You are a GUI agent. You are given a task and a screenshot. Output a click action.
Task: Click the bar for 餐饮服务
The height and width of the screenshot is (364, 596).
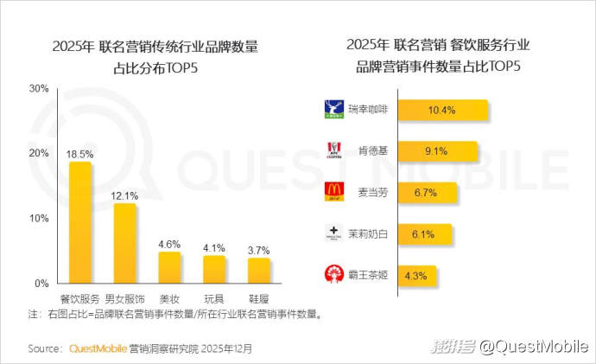[x=80, y=222]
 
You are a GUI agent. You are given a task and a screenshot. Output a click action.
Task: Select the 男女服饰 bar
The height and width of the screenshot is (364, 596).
[x=125, y=243]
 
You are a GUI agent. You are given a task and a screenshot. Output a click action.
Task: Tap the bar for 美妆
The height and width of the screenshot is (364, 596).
[x=169, y=267]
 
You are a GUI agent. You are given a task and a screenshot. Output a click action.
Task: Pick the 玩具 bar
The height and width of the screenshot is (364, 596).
[x=214, y=269]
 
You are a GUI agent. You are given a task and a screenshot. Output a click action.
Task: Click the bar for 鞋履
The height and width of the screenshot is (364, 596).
[x=258, y=270]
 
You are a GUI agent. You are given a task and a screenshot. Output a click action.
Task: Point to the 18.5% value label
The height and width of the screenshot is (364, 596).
[x=80, y=153]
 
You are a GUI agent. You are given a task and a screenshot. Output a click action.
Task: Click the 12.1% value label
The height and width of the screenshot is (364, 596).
[x=125, y=195]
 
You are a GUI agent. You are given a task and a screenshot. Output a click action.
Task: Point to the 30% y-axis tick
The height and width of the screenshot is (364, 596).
[x=38, y=88]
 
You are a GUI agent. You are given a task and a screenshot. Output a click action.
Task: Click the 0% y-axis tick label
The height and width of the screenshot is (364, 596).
[x=41, y=284]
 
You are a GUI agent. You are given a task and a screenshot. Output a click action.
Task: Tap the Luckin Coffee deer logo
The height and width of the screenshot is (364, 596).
[x=333, y=110]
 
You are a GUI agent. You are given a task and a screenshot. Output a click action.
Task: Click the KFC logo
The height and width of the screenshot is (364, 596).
[x=333, y=150]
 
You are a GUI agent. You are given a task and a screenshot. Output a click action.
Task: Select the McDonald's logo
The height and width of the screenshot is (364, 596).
[x=333, y=191]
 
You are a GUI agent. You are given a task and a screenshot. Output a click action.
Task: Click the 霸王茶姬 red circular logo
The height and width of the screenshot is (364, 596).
[x=333, y=274]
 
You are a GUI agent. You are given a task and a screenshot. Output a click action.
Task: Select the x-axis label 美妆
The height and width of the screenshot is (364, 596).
[x=169, y=298]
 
